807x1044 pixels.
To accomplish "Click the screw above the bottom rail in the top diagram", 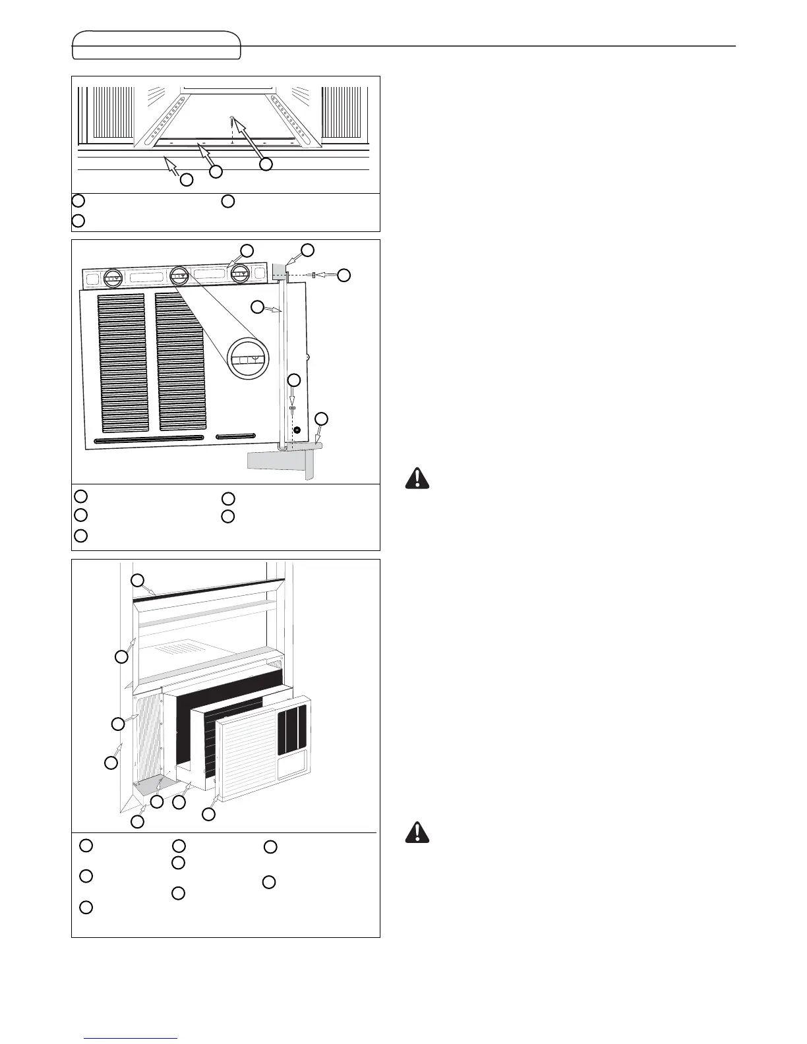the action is tap(232, 119).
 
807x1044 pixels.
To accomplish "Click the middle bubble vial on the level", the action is tap(179, 277).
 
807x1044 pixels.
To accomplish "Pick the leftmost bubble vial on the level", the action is tap(115, 277).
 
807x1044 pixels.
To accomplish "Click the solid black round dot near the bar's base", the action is tap(297, 430).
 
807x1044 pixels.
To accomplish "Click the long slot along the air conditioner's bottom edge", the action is tap(152, 440).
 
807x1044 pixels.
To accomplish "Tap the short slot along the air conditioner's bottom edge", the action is tap(235, 436).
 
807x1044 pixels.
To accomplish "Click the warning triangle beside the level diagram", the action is tap(416, 478).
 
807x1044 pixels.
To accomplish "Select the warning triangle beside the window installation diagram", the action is tap(416, 832).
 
